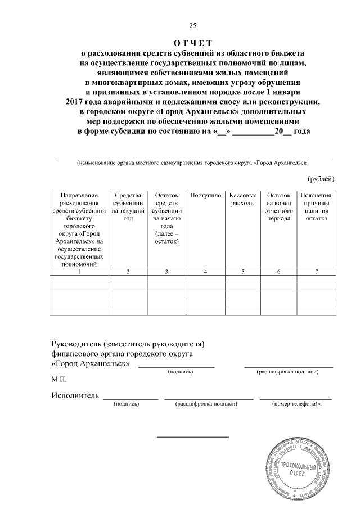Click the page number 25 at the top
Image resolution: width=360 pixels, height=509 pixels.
pos(192,25)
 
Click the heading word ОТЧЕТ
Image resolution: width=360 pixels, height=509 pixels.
pos(192,43)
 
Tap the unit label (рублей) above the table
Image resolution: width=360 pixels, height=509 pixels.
pos(321,179)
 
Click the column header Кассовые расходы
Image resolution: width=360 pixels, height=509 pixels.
pos(243,199)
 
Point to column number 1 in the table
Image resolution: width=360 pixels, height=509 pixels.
pos(79,272)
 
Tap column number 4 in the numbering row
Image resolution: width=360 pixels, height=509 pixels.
pos(205,272)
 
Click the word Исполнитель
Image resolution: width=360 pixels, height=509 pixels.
pos(75,395)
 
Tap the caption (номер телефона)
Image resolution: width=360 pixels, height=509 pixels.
pos(296,404)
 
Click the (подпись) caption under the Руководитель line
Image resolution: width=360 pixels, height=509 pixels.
pos(177,372)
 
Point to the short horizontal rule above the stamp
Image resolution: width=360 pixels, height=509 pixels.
pos(192,436)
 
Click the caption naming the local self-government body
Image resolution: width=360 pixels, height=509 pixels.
pos(192,163)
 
